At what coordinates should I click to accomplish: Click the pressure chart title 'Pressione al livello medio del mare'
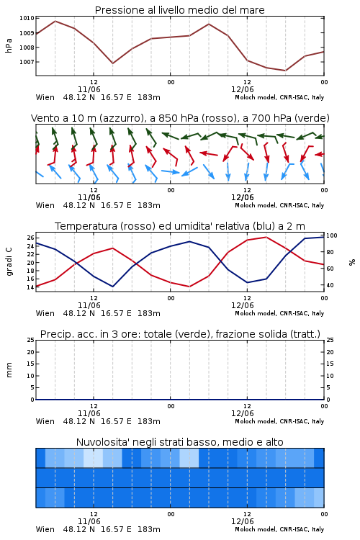(x=180, y=10)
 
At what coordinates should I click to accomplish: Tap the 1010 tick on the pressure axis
(x=27, y=18)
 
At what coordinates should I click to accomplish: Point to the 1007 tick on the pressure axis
(x=27, y=62)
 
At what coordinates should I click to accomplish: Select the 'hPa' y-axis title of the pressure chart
(x=9, y=45)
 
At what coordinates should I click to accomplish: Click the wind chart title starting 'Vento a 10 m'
(x=180, y=118)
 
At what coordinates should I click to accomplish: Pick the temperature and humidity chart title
(x=180, y=226)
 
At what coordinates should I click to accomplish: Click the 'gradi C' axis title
(x=9, y=262)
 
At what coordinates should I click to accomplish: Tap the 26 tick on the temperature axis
(x=30, y=238)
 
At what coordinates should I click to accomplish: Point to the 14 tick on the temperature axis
(x=30, y=287)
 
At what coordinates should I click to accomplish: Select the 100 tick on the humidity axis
(x=332, y=235)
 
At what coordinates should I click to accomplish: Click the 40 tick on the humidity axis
(x=330, y=285)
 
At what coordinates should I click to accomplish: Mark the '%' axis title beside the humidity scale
(x=352, y=262)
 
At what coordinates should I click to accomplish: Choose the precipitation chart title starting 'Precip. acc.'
(x=180, y=334)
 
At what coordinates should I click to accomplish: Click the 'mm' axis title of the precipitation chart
(x=9, y=370)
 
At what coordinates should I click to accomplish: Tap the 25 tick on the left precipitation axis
(x=30, y=340)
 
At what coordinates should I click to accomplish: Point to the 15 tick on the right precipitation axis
(x=330, y=364)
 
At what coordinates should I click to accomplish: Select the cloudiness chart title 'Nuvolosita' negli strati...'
(x=180, y=442)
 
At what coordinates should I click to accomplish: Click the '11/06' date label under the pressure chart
(x=89, y=89)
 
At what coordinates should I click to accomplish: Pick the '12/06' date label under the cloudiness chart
(x=243, y=521)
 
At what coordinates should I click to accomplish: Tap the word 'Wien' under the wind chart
(x=45, y=206)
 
